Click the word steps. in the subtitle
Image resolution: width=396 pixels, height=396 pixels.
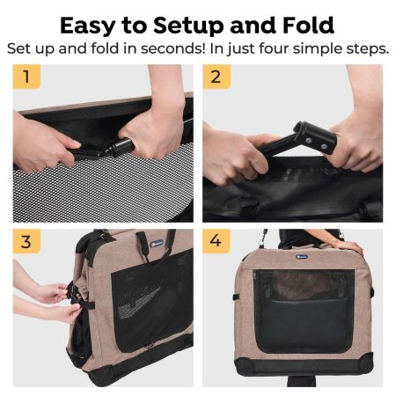[x=363, y=48]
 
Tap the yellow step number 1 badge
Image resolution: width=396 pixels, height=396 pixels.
[x=26, y=77]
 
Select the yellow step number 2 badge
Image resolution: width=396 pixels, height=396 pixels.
[x=216, y=77]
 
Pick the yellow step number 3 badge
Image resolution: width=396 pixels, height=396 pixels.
[x=26, y=241]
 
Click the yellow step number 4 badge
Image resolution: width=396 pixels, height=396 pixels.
[x=216, y=241]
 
